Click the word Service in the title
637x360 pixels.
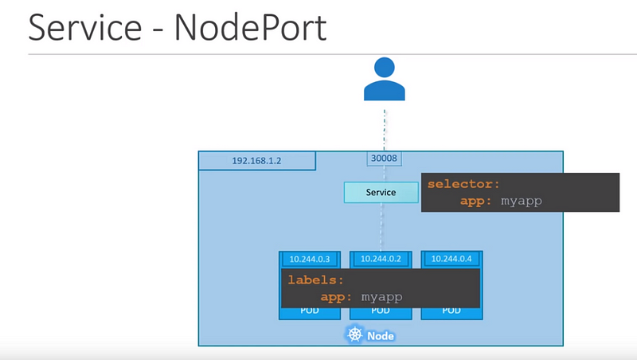(x=85, y=27)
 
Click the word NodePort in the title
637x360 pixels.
(x=251, y=27)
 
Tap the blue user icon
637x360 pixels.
(x=385, y=79)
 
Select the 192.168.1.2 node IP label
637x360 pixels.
(x=256, y=161)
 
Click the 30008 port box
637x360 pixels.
(x=384, y=158)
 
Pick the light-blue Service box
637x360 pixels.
(x=381, y=192)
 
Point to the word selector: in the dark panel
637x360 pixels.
(x=463, y=185)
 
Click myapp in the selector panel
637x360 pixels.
(x=522, y=202)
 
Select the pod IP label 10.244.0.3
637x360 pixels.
(x=310, y=259)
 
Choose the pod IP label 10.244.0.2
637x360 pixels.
(x=381, y=259)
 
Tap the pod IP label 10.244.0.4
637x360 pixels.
(x=451, y=259)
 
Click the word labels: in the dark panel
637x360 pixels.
(x=315, y=280)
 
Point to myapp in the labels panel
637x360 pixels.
(x=382, y=297)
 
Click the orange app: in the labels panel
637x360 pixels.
(x=336, y=296)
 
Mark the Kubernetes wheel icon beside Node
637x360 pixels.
(x=355, y=335)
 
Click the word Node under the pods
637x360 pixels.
(x=381, y=336)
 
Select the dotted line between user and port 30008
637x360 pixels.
(x=385, y=130)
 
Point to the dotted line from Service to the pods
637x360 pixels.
(x=381, y=227)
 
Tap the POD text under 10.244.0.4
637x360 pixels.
(x=451, y=311)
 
